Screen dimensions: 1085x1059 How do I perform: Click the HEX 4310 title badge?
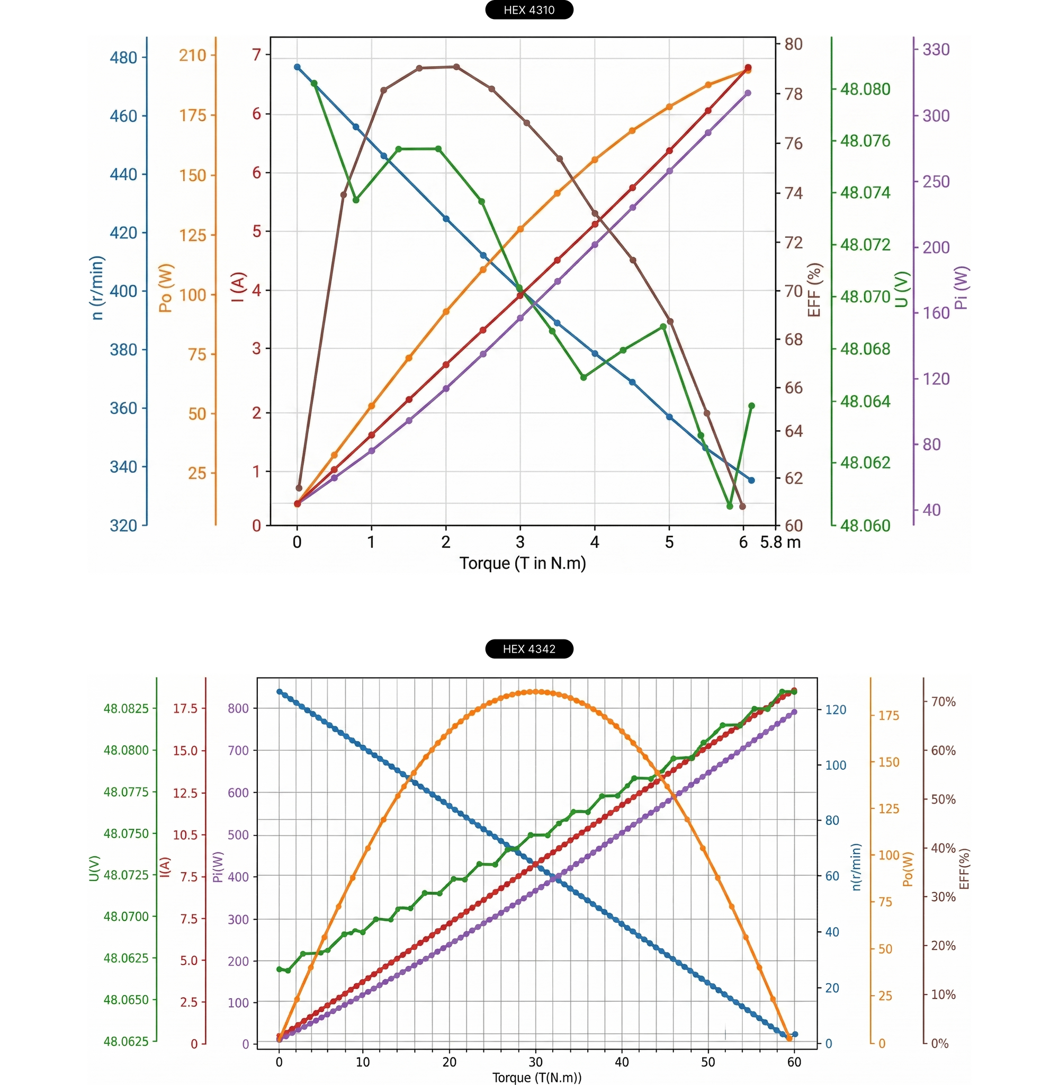529,10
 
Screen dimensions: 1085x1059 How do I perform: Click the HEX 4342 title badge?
529,649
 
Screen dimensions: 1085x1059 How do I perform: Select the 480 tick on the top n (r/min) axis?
123,57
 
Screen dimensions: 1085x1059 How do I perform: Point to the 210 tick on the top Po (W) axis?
192,55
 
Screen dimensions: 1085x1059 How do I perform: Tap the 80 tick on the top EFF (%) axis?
794,44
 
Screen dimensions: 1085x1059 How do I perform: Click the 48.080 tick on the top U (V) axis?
865,89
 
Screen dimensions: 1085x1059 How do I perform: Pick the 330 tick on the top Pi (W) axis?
936,49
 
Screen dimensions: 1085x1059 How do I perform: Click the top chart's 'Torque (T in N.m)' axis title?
522,563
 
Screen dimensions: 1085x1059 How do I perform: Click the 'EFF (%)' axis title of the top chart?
814,290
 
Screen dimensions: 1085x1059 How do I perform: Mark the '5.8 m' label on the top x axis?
780,542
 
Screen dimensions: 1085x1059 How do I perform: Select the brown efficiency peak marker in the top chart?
456,67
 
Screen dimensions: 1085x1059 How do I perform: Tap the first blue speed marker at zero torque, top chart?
297,67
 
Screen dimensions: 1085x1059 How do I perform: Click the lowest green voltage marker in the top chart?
730,506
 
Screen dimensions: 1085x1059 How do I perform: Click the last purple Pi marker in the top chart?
748,93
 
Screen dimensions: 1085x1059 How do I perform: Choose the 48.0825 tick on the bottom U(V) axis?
126,708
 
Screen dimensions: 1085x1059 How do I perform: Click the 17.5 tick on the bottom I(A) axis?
185,708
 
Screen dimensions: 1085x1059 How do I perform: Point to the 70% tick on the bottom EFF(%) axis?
944,701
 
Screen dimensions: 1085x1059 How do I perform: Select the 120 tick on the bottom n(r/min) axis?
836,709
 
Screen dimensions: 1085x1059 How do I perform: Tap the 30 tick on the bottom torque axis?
535,1062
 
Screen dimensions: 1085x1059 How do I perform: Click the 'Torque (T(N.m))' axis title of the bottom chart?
537,1078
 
